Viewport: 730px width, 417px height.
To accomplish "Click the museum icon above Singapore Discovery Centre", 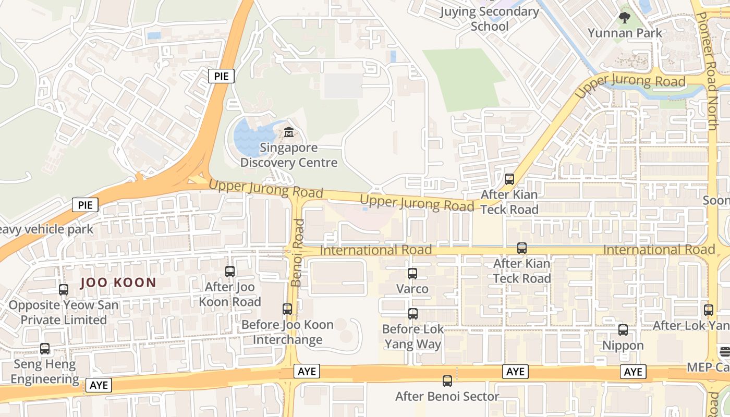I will click(289, 132).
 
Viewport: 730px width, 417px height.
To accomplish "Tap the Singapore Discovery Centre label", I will click(289, 155).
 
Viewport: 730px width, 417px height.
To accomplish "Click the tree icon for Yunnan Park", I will click(624, 18).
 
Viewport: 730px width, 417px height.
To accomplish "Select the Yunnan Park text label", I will click(625, 33).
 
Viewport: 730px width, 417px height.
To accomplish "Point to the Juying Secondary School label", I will click(489, 19).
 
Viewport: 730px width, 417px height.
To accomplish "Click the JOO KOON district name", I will click(118, 283).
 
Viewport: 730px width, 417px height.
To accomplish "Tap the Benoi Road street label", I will click(297, 252).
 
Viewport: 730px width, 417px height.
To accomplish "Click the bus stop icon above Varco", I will click(412, 273).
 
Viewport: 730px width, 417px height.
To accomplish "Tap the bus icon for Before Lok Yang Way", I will click(413, 314).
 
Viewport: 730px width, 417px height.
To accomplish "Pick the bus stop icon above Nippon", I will click(623, 330).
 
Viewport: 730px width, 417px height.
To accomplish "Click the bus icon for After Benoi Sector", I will click(447, 381).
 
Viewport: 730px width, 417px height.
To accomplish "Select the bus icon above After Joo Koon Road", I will click(230, 271).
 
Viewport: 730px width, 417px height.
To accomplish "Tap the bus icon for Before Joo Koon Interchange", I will click(287, 309).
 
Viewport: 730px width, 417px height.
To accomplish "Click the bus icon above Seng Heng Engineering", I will click(45, 349).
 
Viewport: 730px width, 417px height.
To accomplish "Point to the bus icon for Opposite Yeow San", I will click(64, 290).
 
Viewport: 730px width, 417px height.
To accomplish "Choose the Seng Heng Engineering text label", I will click(45, 372).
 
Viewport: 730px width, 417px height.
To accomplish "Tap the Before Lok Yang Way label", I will click(412, 337).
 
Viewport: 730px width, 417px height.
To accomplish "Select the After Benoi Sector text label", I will click(447, 397).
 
